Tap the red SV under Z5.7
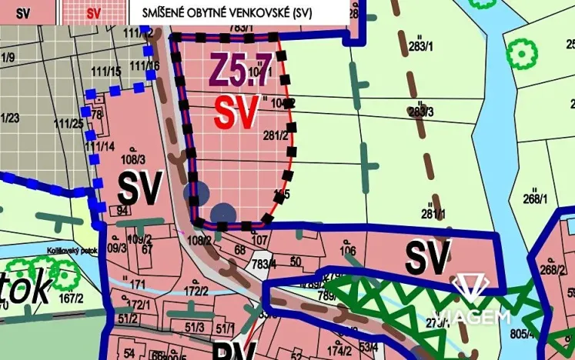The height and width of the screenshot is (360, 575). pyautogui.click(x=236, y=113)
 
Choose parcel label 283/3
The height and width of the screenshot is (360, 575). pyautogui.click(x=421, y=112)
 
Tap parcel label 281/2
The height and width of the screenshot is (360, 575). pyautogui.click(x=275, y=136)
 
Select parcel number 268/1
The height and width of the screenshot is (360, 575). pyautogui.click(x=534, y=199)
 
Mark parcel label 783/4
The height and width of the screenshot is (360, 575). pyautogui.click(x=243, y=265)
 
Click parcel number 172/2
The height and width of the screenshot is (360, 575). pyautogui.click(x=196, y=291)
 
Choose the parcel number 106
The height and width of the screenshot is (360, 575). pyautogui.click(x=348, y=251)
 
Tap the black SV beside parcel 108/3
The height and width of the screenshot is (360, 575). pyautogui.click(x=139, y=188)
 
